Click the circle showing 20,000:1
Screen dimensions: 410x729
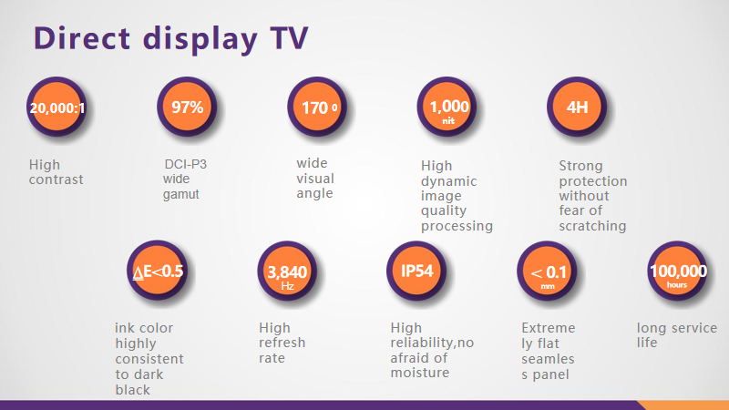tap(57, 108)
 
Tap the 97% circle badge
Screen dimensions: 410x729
tap(188, 107)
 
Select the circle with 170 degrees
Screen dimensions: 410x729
tap(318, 108)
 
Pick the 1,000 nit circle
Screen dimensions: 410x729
tap(448, 108)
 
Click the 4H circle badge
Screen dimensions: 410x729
tap(577, 108)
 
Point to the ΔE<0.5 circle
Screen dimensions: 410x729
tap(158, 272)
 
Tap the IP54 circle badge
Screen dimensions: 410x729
tap(417, 272)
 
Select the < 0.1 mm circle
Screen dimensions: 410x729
tap(548, 272)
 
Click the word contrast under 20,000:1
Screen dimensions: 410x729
tap(56, 179)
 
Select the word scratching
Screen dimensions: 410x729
tap(592, 226)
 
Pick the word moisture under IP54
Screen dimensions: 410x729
tap(420, 373)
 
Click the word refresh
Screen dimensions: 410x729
tap(282, 343)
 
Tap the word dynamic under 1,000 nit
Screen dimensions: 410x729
tap(448, 181)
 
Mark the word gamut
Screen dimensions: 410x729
tap(180, 194)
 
